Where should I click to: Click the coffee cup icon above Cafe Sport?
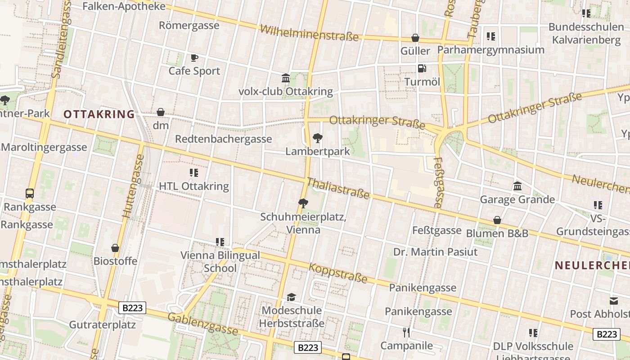click(x=194, y=58)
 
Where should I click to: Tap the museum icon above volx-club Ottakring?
click(x=286, y=78)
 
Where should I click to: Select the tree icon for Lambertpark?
click(x=318, y=138)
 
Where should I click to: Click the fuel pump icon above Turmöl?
click(x=422, y=68)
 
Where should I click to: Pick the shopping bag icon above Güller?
click(x=415, y=38)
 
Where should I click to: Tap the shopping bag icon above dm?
click(x=161, y=112)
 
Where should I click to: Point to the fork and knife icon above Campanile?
click(x=406, y=333)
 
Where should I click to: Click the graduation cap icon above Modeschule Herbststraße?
click(x=292, y=297)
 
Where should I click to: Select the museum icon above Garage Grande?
click(x=517, y=186)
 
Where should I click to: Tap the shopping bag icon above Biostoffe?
click(x=115, y=248)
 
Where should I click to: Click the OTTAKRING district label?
click(x=99, y=114)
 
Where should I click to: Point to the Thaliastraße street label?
click(x=338, y=188)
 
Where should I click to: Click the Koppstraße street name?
click(x=338, y=273)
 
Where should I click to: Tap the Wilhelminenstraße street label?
click(x=309, y=33)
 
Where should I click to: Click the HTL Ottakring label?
click(x=194, y=186)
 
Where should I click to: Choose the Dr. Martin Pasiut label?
click(x=435, y=252)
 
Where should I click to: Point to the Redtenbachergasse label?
click(x=223, y=139)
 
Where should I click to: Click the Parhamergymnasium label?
click(x=491, y=49)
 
